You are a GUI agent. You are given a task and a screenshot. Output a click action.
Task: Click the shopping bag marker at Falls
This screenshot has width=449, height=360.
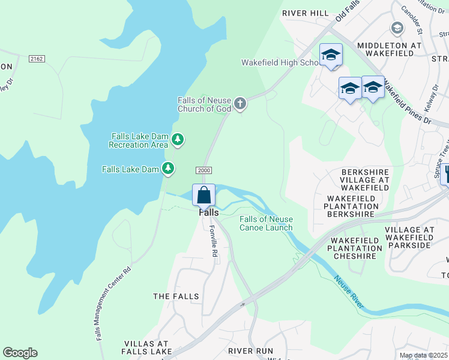point(203,196)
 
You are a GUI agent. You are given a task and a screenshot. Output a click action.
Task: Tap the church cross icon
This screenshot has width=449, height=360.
point(240,104)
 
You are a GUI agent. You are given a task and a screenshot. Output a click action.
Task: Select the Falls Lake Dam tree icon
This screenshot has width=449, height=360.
point(169,169)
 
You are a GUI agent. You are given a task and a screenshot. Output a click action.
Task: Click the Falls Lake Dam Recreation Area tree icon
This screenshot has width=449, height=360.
point(177,140)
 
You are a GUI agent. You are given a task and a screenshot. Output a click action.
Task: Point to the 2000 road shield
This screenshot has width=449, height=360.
point(204,170)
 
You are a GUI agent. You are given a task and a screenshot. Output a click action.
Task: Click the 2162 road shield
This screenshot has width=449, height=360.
point(37,58)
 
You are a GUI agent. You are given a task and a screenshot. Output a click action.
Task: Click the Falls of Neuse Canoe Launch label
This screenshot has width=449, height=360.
point(266,223)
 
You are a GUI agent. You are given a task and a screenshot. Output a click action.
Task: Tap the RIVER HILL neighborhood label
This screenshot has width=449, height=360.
point(306,13)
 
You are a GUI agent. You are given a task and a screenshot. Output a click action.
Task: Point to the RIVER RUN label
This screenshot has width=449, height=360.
point(250,350)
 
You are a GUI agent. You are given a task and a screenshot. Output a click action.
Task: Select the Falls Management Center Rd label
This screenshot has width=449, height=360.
point(113,304)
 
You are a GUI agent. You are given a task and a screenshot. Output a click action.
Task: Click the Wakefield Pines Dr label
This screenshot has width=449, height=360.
point(408,103)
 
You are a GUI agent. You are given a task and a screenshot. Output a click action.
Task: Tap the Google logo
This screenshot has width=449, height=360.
point(20,353)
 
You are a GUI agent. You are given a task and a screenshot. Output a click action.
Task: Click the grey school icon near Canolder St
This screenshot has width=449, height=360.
point(397,28)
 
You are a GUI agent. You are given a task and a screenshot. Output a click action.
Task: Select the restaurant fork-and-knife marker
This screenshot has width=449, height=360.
point(445,174)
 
